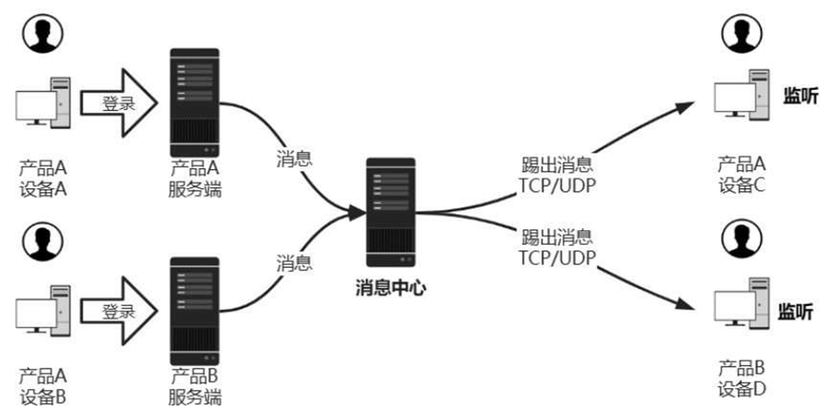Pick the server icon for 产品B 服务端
point(194,309)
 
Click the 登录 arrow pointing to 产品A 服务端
point(119,104)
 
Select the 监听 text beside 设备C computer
point(799,97)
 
